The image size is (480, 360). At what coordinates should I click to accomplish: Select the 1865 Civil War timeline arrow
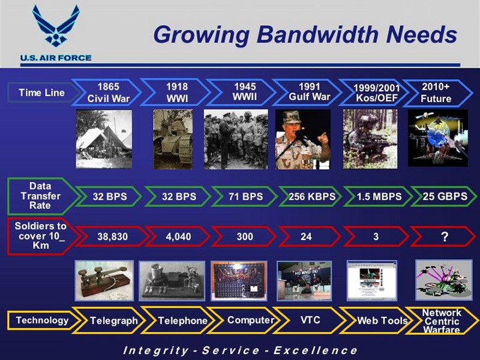(x=106, y=92)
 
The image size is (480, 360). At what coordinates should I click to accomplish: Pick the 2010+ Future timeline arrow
(x=438, y=93)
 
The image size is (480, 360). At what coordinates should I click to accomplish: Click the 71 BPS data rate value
(x=245, y=197)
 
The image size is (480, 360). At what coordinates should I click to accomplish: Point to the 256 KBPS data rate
(x=312, y=197)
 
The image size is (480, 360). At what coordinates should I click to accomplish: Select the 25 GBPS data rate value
(x=445, y=196)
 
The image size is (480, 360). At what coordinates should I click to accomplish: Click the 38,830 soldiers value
(x=112, y=236)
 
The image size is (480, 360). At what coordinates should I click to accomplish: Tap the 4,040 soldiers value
(x=178, y=236)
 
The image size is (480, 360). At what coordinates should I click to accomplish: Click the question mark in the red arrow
(x=445, y=236)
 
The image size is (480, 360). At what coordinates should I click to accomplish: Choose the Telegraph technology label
(x=113, y=320)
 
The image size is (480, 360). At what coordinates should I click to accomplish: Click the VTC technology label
(x=310, y=320)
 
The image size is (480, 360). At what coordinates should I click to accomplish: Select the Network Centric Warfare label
(x=442, y=321)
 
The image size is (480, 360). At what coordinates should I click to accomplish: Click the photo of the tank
(x=173, y=139)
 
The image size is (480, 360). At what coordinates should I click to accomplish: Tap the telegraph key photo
(x=104, y=280)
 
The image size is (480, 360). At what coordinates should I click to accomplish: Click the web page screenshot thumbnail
(x=371, y=280)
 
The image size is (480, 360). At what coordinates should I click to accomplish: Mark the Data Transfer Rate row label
(x=40, y=196)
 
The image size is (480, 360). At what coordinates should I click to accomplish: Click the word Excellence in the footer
(x=316, y=350)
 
